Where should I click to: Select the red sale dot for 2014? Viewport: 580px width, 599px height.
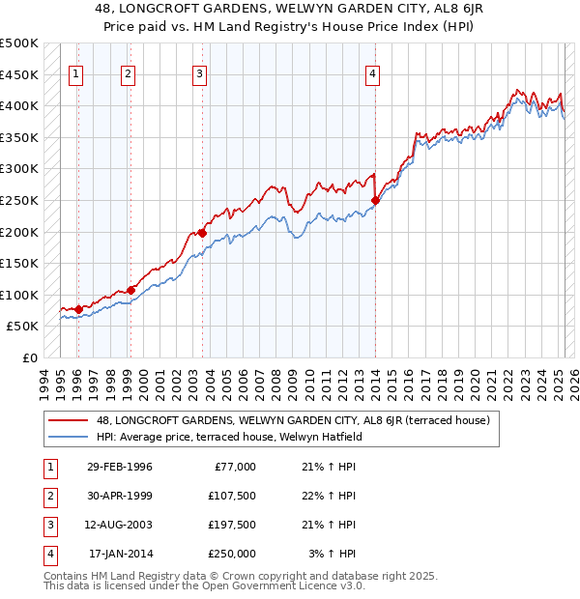(374, 201)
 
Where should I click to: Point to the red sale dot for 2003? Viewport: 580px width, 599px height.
(202, 232)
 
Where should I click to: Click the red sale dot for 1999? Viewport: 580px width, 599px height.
(130, 290)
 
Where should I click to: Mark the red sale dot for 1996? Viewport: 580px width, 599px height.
(78, 309)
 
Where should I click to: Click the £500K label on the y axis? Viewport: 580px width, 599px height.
(19, 43)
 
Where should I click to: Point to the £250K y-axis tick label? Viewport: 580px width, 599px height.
(19, 200)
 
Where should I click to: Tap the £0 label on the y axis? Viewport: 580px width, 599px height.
(29, 357)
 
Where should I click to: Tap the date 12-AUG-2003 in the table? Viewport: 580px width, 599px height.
(120, 526)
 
